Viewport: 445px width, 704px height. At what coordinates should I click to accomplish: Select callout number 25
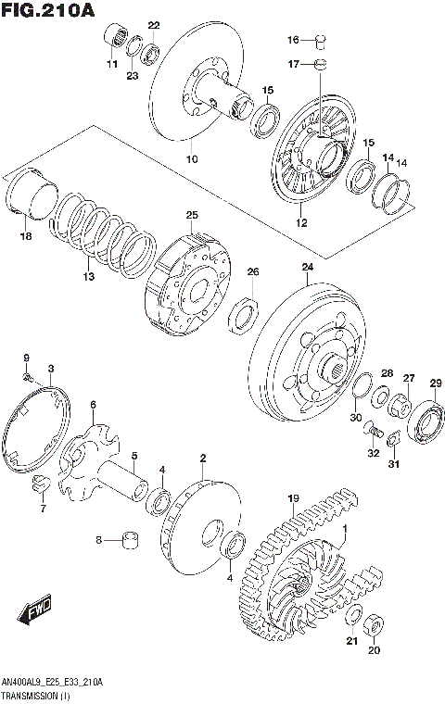click(x=192, y=216)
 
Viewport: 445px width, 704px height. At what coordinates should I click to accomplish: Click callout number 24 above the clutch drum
click(x=308, y=268)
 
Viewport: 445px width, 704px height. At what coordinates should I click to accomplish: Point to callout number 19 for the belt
click(x=292, y=498)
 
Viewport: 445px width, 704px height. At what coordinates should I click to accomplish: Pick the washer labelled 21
click(x=353, y=618)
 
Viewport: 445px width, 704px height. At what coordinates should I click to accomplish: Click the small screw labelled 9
click(x=29, y=375)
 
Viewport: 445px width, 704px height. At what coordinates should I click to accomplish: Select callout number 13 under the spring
click(x=89, y=277)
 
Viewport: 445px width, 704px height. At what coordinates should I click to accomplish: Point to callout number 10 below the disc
click(x=192, y=158)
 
